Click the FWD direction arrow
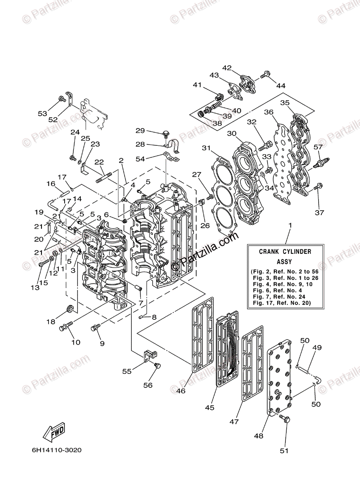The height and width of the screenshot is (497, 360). pos(54,433)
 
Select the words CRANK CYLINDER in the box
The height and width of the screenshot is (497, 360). pos(285,251)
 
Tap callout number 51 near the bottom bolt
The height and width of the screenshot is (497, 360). pos(284,451)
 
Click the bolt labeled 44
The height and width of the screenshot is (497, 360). pos(266,75)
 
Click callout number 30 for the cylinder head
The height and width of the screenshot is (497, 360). pos(232,133)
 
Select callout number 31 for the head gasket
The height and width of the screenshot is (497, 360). pos(206,148)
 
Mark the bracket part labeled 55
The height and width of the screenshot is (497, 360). pos(150,355)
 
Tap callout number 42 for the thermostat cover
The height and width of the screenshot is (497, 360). pos(227,68)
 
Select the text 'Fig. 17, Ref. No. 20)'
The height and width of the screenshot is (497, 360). pos(285,303)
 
